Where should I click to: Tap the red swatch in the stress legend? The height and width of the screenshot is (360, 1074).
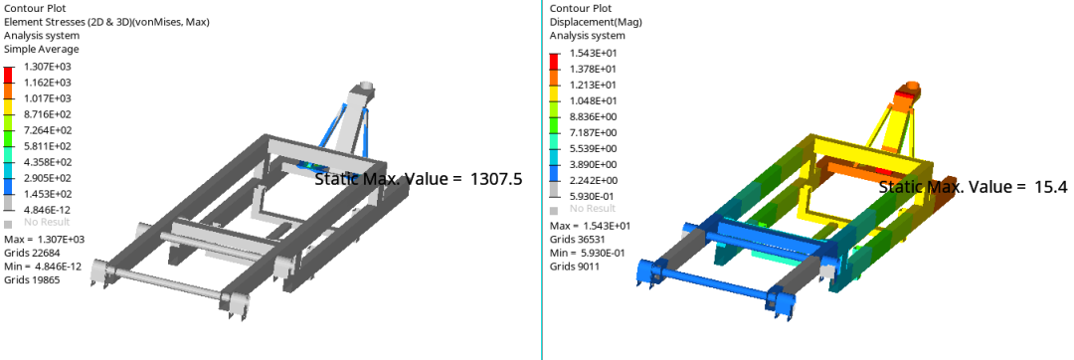pos(8,74)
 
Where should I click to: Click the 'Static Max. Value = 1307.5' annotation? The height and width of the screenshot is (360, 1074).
pos(419,179)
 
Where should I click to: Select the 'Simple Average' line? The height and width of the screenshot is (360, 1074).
pos(41,50)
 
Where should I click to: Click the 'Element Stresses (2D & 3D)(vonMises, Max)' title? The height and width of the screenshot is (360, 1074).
pos(106,22)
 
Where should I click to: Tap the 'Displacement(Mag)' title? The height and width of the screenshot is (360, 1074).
pos(596,22)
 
